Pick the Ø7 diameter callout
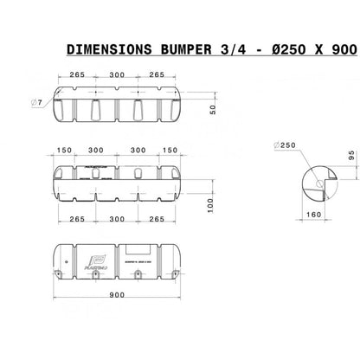37,104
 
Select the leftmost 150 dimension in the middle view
63,150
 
